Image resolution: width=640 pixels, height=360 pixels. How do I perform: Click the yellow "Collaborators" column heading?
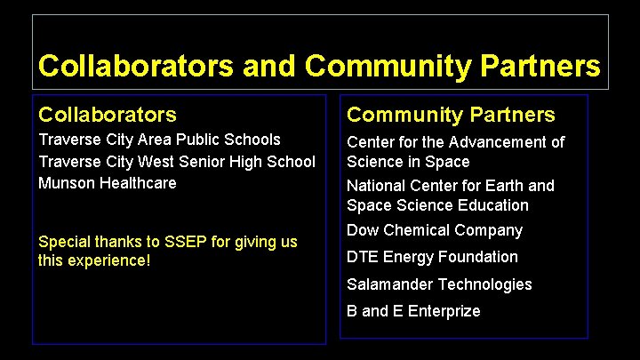pyautogui.click(x=107, y=115)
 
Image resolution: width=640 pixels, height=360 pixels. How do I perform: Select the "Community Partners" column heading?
pyautogui.click(x=451, y=115)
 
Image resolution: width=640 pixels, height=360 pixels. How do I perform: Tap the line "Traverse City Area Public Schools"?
pyautogui.click(x=159, y=140)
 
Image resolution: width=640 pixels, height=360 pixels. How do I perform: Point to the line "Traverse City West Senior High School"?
pyautogui.click(x=176, y=161)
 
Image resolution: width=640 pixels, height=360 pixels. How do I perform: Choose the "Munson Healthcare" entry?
pyautogui.click(x=107, y=182)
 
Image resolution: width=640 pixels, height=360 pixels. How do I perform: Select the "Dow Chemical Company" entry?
pyautogui.click(x=435, y=230)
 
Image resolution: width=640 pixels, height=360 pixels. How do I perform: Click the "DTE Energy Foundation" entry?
pyautogui.click(x=432, y=257)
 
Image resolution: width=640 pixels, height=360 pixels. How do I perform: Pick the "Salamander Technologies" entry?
pyautogui.click(x=439, y=284)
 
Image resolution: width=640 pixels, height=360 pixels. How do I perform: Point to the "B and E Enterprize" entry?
pyautogui.click(x=413, y=311)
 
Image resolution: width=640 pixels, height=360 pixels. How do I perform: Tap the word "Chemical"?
pyautogui.click(x=413, y=230)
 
